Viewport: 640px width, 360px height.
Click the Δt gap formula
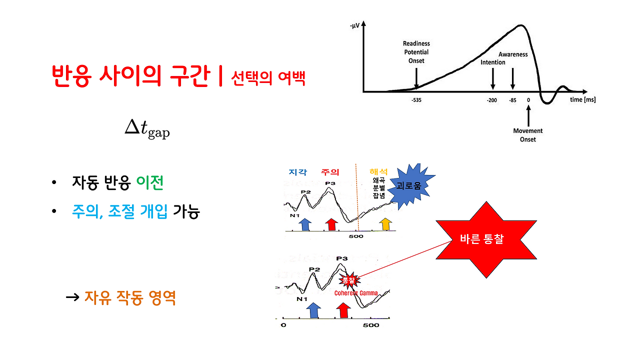[147, 129]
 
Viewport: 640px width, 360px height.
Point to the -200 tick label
[492, 100]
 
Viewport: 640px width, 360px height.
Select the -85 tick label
[512, 100]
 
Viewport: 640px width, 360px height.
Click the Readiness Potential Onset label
[416, 52]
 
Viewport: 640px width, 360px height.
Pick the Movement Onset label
[527, 135]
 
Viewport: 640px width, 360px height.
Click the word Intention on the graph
[493, 62]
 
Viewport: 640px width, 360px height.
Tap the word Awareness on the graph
[513, 54]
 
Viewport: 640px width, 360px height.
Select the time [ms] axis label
[582, 100]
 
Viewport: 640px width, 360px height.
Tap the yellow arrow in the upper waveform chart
[385, 224]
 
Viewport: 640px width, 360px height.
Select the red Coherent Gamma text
[356, 293]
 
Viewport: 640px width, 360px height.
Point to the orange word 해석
[377, 172]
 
